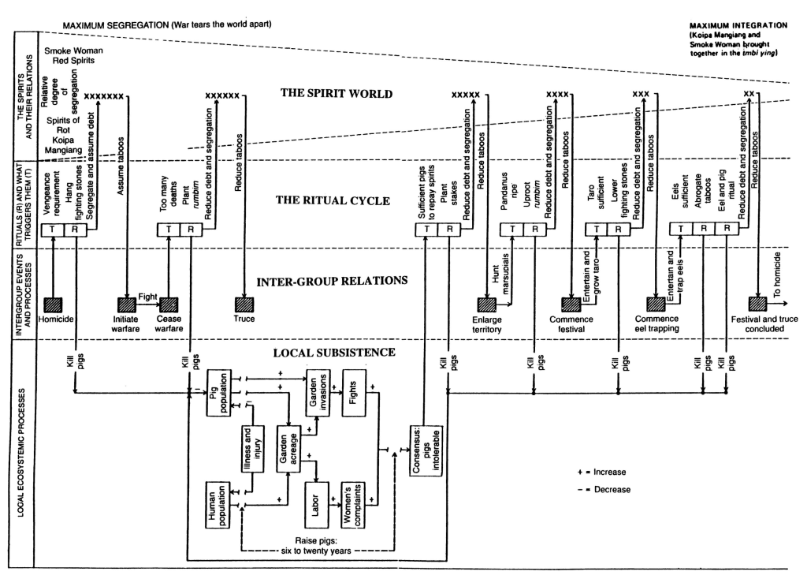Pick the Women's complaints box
point(351,502)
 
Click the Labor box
point(311,502)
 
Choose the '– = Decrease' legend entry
point(602,488)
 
